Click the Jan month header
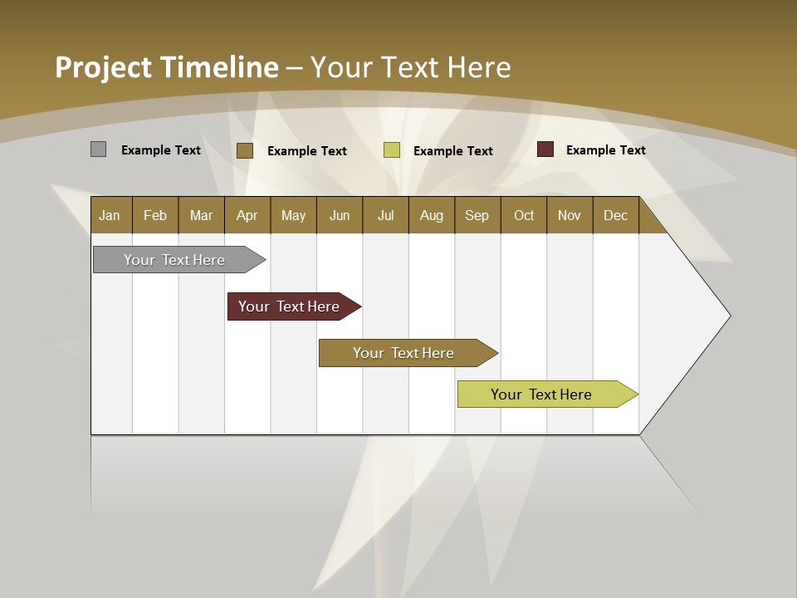(110, 215)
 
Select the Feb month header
(155, 215)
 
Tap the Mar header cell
(201, 215)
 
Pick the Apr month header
(247, 215)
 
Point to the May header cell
(293, 215)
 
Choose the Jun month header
(340, 215)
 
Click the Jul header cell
(385, 215)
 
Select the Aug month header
(432, 215)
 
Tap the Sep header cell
(477, 215)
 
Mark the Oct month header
(524, 215)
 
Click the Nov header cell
(570, 215)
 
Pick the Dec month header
(616, 215)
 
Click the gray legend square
(98, 149)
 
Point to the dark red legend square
(545, 149)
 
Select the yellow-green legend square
(392, 150)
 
